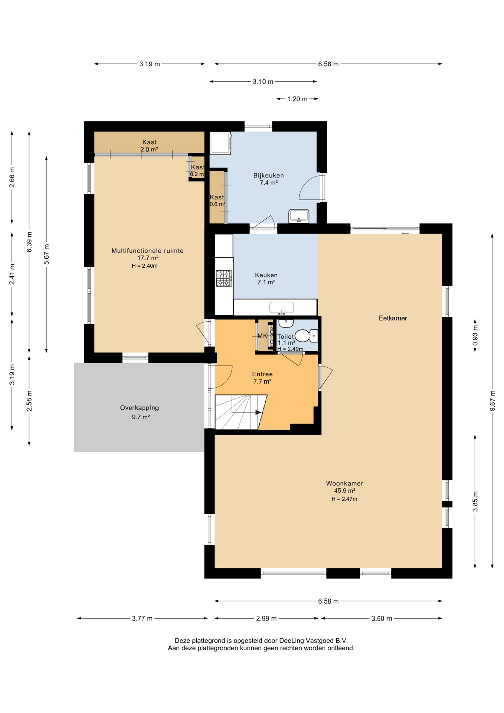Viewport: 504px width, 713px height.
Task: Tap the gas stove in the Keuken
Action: pos(224,278)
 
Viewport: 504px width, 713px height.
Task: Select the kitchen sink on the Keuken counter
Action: pos(281,307)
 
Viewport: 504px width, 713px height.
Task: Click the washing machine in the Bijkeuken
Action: pos(220,143)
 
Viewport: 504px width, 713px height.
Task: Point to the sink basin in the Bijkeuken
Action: pos(299,215)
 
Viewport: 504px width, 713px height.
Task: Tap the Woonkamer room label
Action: pos(344,484)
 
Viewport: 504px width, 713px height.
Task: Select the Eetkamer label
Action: pos(393,318)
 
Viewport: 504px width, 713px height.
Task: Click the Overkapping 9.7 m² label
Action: pos(140,412)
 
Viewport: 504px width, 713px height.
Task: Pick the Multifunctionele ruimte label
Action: pos(147,251)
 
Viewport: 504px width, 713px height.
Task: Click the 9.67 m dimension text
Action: pos(492,401)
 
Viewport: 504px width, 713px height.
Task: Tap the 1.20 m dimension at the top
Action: pos(297,99)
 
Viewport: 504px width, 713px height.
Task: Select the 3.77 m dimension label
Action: pos(142,618)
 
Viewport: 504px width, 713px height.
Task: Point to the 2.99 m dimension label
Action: pos(266,618)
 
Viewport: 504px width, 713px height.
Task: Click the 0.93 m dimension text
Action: pos(475,335)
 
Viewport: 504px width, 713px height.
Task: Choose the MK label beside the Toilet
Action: pos(262,336)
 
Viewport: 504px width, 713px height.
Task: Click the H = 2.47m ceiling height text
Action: pos(344,499)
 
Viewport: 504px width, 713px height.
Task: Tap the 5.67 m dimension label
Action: pos(46,254)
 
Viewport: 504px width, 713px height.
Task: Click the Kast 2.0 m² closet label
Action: pos(149,146)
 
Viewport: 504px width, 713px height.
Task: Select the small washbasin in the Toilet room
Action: pos(286,323)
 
